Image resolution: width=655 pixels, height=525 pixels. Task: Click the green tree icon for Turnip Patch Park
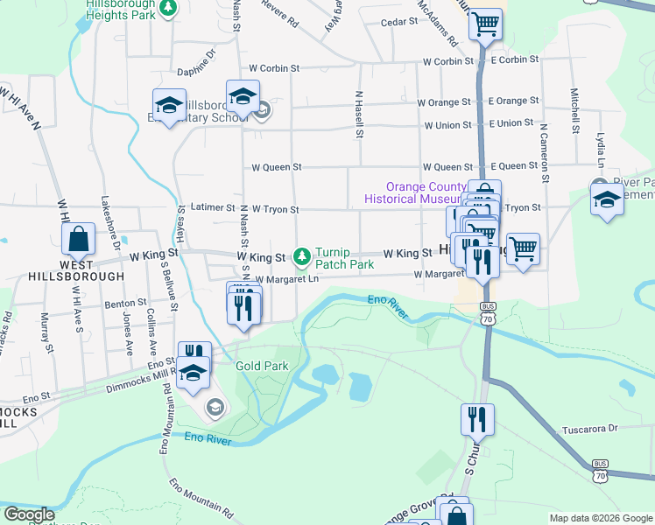[x=302, y=256]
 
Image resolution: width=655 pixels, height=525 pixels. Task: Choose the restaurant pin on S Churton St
[x=477, y=421]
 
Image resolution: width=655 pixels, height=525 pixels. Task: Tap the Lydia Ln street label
[x=601, y=150]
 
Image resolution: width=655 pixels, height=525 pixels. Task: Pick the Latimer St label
[x=213, y=208]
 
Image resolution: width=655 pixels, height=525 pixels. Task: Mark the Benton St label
[x=123, y=304]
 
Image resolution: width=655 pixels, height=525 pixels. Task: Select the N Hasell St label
[x=359, y=114]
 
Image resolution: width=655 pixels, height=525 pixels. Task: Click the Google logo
[x=29, y=514]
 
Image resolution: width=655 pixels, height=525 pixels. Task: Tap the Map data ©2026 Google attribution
[x=600, y=518]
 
